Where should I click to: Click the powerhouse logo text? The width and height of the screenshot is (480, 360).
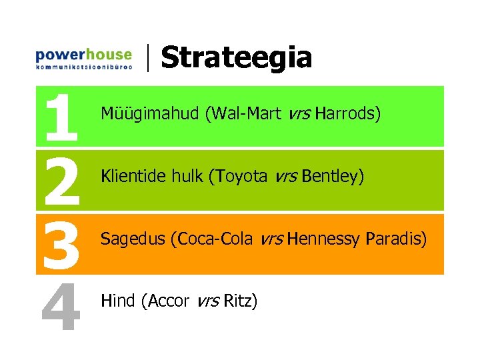83,54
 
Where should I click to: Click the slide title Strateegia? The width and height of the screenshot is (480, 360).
236,57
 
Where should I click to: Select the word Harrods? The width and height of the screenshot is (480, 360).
347,114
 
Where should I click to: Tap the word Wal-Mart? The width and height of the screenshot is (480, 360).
243,114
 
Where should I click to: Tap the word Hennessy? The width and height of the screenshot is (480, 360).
325,239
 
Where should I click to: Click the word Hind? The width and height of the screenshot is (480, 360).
117,301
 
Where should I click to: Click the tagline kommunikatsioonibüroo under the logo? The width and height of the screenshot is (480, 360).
83,67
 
